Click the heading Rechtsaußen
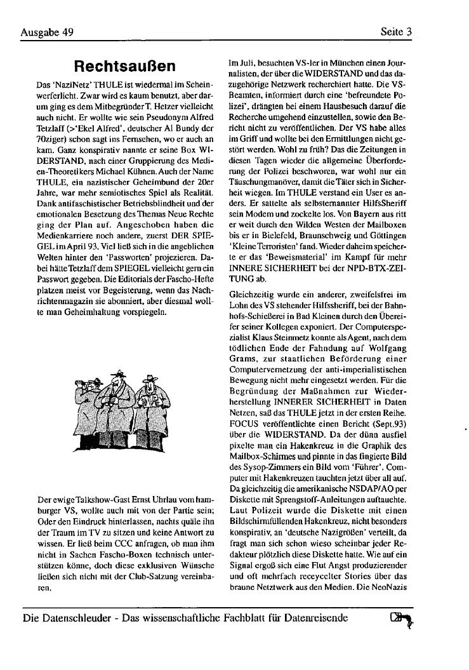124,66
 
